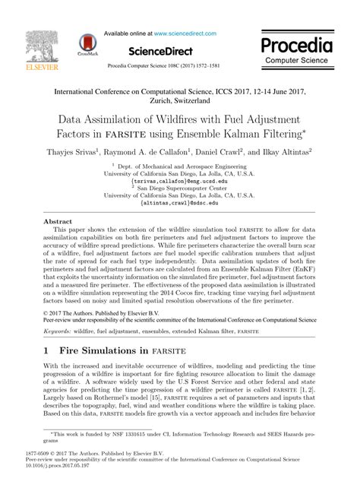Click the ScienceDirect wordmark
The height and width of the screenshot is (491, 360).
click(x=163, y=49)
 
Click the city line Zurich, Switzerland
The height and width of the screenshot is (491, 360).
click(x=179, y=100)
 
